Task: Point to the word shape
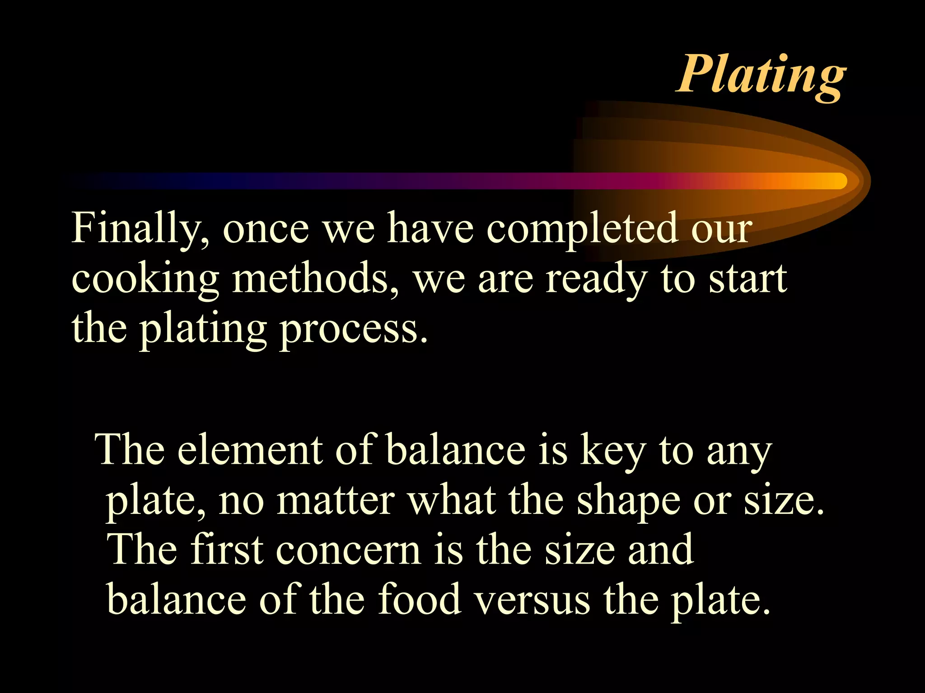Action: pos(628,501)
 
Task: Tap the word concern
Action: pos(348,550)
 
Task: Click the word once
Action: pos(266,229)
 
